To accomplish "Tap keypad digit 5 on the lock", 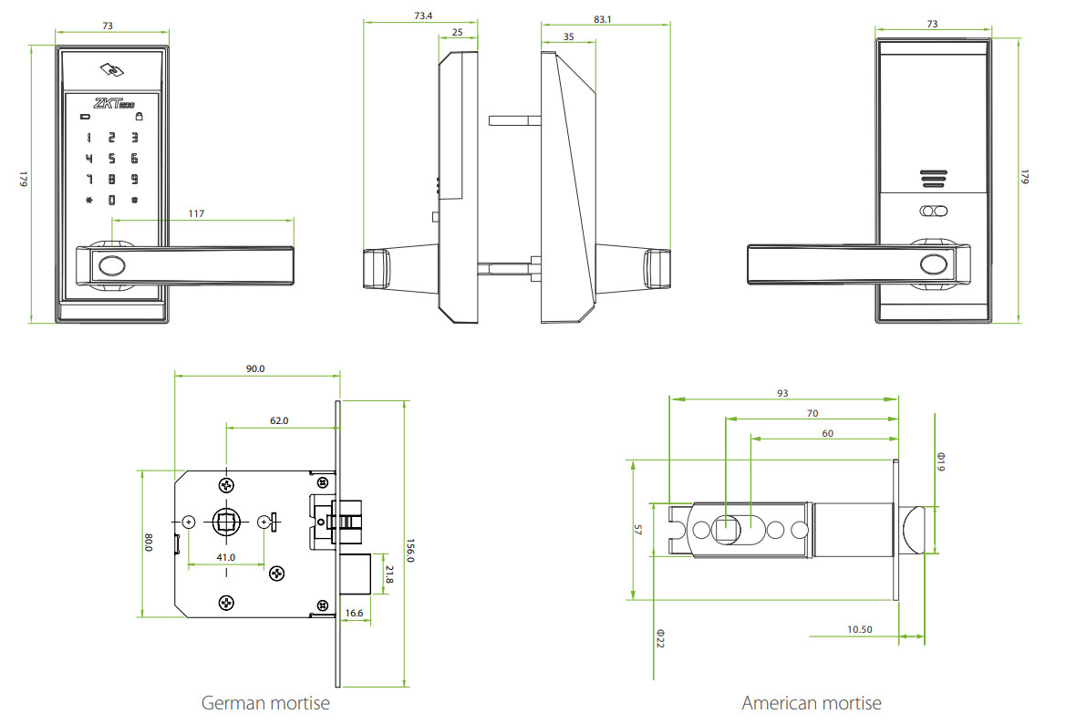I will (x=111, y=158).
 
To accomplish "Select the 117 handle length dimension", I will (x=196, y=213).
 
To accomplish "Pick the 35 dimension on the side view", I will (x=568, y=36).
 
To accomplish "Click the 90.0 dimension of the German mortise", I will (x=255, y=369).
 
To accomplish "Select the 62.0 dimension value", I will (x=278, y=420).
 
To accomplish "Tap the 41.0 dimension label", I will (x=225, y=557).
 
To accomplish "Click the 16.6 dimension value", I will (x=355, y=614).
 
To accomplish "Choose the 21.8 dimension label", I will (x=389, y=574).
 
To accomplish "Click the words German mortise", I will (x=265, y=703).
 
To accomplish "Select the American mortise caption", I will (x=812, y=703).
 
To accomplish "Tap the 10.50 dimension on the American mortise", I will (x=859, y=629).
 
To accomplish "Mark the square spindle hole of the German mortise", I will (x=226, y=522).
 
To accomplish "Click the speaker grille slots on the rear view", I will (x=932, y=179).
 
